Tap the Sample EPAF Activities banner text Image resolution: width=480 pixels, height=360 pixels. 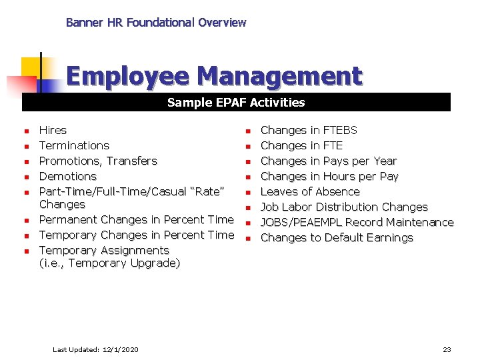pyautogui.click(x=236, y=103)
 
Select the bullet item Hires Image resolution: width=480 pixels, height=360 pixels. pyautogui.click(x=53, y=130)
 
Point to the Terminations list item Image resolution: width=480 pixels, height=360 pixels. pyautogui.click(x=74, y=145)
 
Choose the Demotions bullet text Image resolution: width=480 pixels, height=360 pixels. pyautogui.click(x=68, y=176)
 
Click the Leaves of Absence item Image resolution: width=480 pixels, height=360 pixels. pyautogui.click(x=309, y=191)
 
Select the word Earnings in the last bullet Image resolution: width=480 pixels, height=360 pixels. pyautogui.click(x=389, y=237)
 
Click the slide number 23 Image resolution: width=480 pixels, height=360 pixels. pyautogui.click(x=447, y=349)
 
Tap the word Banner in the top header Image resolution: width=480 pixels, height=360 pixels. pyautogui.click(x=84, y=23)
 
